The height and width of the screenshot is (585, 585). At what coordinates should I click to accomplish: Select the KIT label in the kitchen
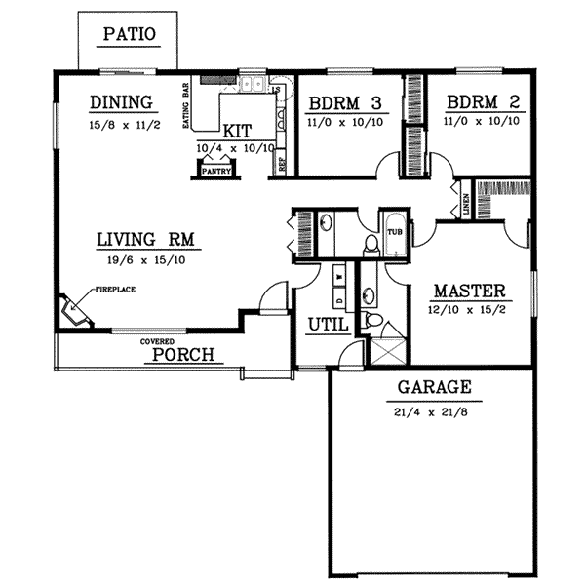[x=237, y=131]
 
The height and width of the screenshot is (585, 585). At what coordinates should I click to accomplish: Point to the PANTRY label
[x=214, y=171]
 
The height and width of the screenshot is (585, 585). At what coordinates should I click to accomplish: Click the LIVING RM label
[x=143, y=238]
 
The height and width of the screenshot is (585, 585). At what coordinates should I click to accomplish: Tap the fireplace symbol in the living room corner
[x=74, y=311]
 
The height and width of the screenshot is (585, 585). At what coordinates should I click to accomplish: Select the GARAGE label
[x=434, y=387]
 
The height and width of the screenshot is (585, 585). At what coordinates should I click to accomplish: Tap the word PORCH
[x=182, y=354]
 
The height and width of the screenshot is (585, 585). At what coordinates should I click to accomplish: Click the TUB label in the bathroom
[x=395, y=232]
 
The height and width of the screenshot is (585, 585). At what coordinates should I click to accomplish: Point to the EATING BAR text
[x=184, y=102]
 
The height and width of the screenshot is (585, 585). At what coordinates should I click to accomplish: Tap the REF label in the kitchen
[x=282, y=166]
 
